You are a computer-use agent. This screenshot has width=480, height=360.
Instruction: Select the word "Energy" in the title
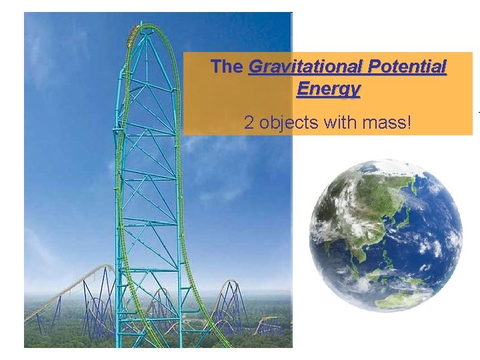(x=328, y=89)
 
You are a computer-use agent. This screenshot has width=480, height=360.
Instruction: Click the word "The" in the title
(x=227, y=67)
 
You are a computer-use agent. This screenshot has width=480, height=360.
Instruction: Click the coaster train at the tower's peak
(x=139, y=28)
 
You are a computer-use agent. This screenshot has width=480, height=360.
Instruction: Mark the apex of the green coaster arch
(x=149, y=26)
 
